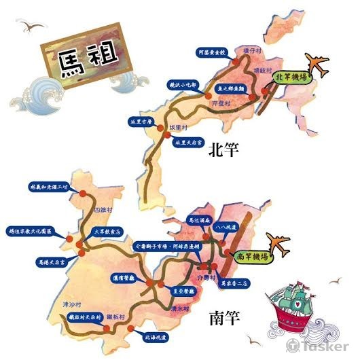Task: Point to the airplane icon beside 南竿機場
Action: (278, 242)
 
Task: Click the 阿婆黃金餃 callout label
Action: (210, 51)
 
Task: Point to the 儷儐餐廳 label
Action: (125, 278)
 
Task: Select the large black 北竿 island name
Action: (225, 149)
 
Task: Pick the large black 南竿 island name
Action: (223, 317)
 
